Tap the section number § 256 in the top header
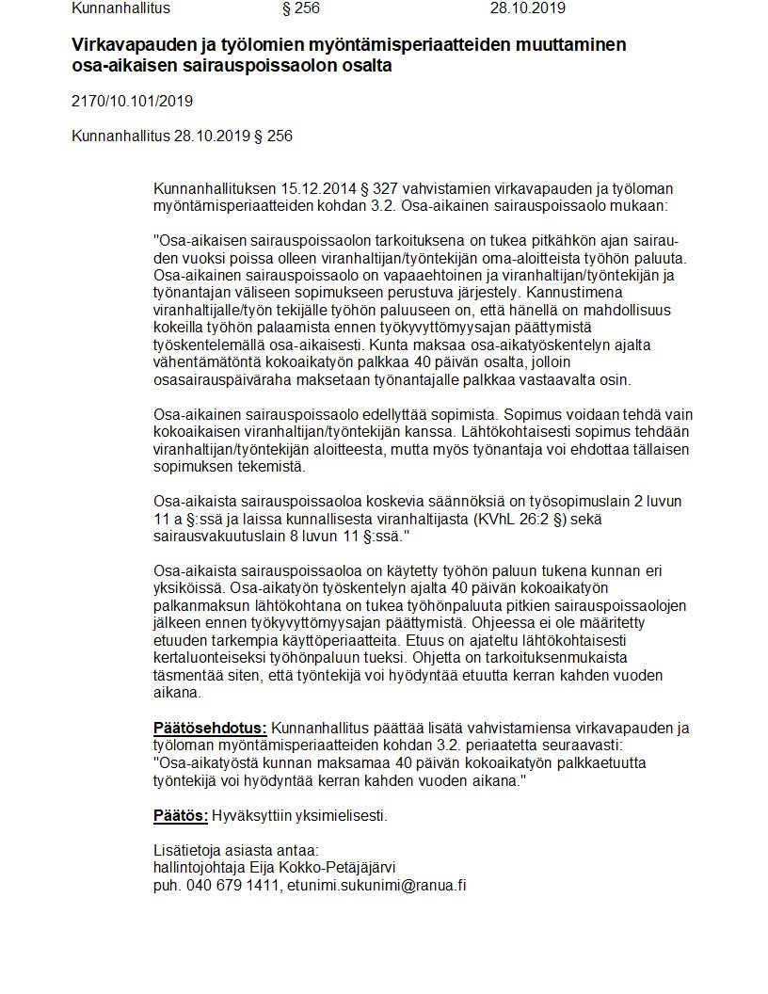click(301, 9)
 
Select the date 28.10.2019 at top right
click(528, 9)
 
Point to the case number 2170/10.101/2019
click(132, 101)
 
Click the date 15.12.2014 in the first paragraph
click(313, 189)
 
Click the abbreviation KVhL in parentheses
click(494, 518)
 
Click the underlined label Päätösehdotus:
click(210, 728)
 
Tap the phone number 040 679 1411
click(232, 885)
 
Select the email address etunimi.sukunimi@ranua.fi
click(377, 885)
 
